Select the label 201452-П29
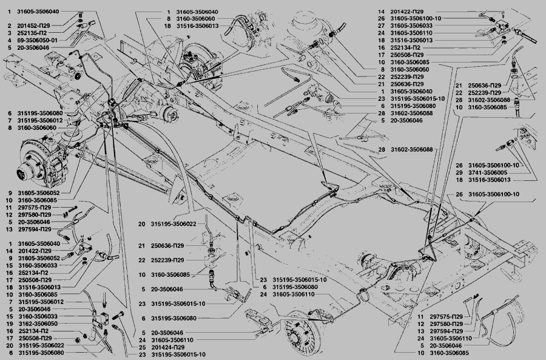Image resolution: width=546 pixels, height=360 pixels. [x=37, y=25]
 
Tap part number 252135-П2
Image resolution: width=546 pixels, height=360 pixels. [x=35, y=32]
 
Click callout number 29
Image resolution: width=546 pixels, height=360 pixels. [x=460, y=172]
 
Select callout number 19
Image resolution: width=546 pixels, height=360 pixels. [x=10, y=324]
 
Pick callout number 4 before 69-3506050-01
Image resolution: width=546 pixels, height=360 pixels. [x=10, y=39]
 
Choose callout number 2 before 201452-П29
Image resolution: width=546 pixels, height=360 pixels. [x=10, y=25]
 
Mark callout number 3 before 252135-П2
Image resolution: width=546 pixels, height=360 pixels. [x=10, y=32]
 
